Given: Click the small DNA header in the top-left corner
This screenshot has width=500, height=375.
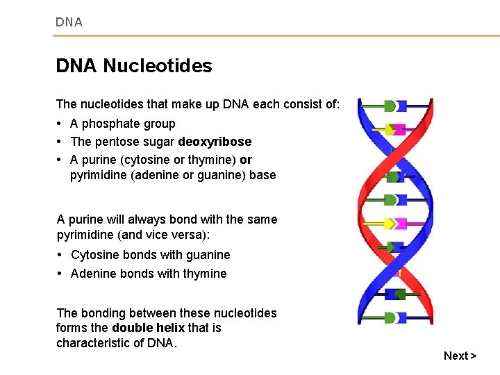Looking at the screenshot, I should (x=69, y=22).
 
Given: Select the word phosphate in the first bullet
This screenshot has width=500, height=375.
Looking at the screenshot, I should (x=111, y=124).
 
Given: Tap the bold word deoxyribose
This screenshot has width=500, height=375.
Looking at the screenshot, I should (x=215, y=142).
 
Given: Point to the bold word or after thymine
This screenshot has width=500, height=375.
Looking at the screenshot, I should (x=246, y=160).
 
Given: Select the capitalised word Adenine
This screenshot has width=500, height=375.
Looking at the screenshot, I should (x=94, y=274).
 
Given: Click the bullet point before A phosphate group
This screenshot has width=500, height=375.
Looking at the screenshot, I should (x=60, y=124).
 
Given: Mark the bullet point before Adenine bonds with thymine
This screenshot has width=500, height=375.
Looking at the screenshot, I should (x=60, y=274).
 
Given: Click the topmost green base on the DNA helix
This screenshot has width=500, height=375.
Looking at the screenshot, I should (x=390, y=106).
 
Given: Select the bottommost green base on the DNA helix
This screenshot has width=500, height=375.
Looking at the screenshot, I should (x=390, y=317).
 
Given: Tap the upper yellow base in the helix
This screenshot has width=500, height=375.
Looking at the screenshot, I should (x=391, y=129).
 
